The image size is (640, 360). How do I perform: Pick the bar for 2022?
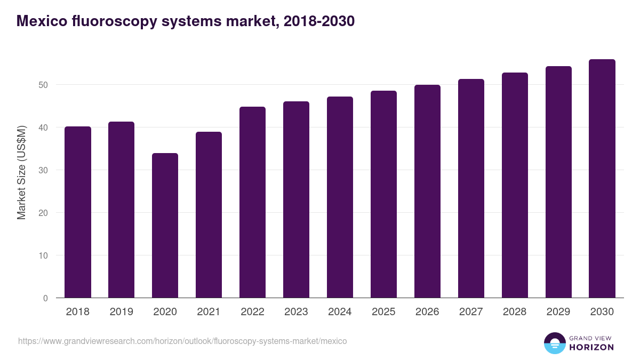point(252,202)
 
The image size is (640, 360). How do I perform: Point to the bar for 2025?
point(383,194)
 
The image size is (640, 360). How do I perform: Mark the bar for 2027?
point(471,188)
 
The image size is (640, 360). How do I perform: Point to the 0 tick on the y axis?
point(45,298)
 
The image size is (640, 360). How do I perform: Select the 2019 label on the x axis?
point(121,312)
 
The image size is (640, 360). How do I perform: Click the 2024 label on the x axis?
point(340,312)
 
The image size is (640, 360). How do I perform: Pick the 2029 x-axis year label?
point(558,312)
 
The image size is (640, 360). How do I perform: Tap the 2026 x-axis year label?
point(427,312)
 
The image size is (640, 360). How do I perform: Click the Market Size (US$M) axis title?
point(21,173)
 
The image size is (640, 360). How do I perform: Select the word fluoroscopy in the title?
point(111,21)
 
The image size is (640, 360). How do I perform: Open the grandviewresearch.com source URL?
point(182,341)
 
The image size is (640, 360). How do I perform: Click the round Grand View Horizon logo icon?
point(554,343)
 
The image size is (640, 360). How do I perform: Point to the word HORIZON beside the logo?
point(591,347)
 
